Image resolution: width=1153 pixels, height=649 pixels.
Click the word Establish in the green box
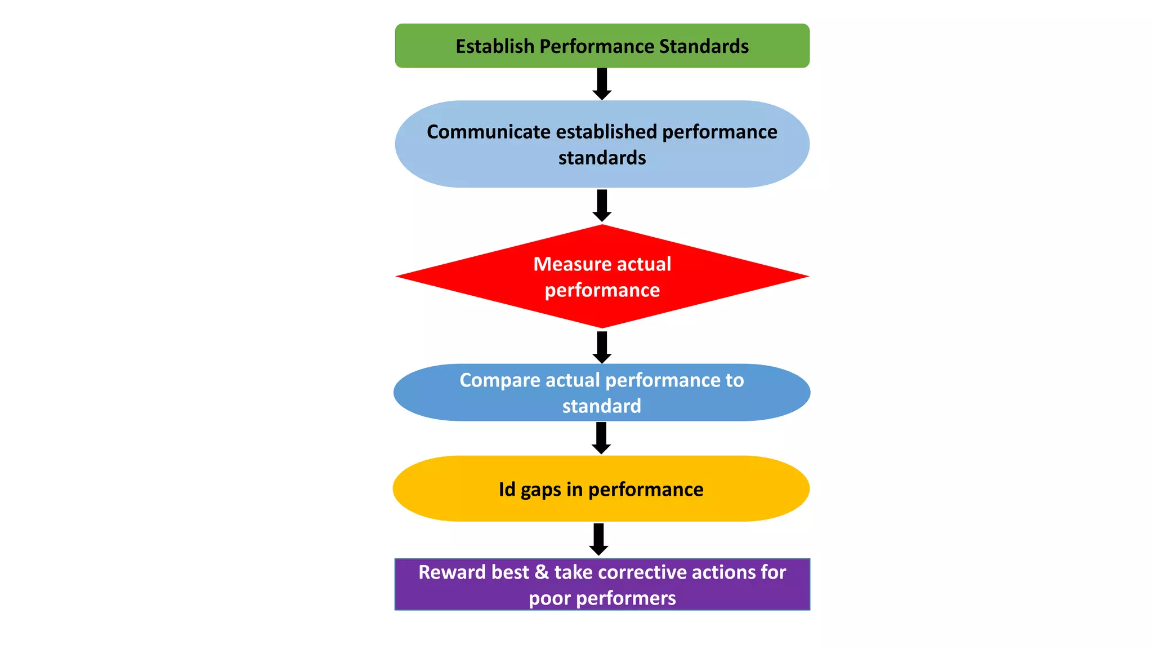pos(495,46)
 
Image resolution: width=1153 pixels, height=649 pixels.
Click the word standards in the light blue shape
pos(602,158)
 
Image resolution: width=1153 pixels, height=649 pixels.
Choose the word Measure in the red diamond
pos(565,264)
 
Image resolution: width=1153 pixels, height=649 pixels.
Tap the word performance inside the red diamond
pos(602,291)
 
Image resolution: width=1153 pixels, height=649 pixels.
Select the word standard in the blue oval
pos(601,406)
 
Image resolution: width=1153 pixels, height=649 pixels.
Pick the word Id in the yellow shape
pos(507,490)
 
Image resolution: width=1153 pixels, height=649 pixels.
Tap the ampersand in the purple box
pos(542,572)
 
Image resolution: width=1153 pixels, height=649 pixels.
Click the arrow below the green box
pos(602,84)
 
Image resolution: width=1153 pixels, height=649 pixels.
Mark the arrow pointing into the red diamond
pos(602,206)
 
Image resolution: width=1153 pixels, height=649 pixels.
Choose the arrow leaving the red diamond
pos(602,348)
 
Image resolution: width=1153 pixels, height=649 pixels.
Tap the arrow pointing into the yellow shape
pos(601,438)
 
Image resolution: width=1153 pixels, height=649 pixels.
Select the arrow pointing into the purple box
pos(598,540)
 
